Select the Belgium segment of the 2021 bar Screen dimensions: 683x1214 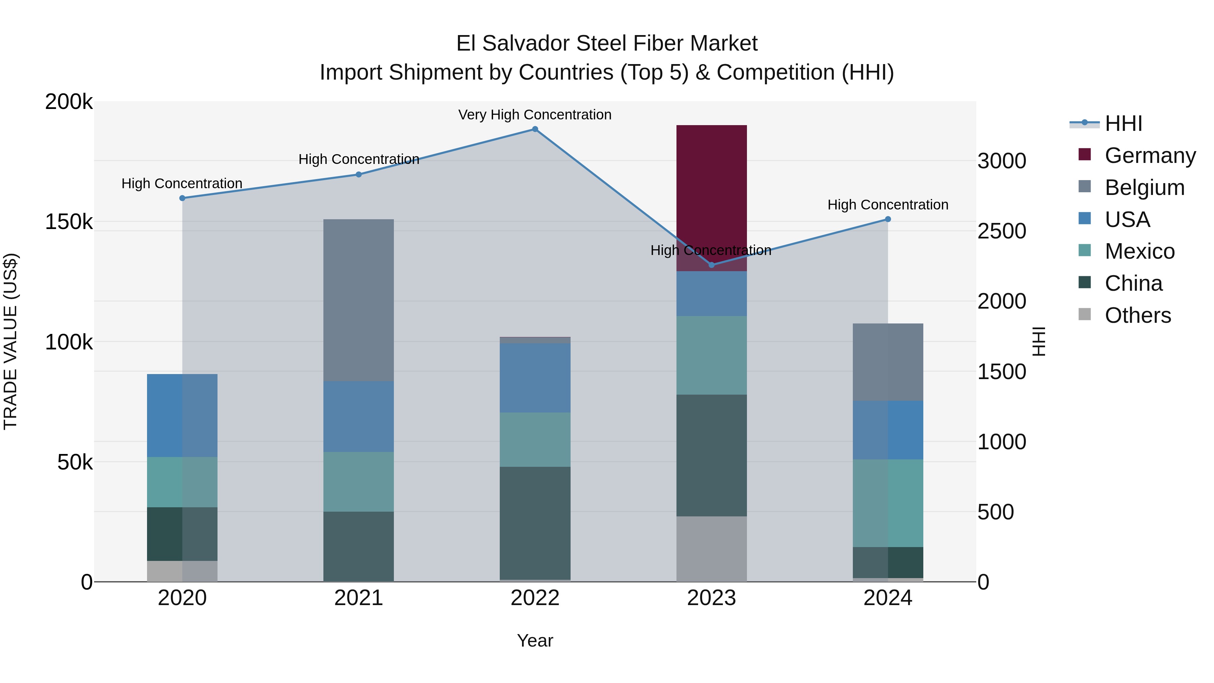tap(358, 300)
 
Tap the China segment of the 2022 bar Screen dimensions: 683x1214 tap(535, 523)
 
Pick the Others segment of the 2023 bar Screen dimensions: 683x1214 tap(711, 549)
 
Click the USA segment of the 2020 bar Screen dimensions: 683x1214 tap(182, 415)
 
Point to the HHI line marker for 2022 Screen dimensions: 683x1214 tap(535, 129)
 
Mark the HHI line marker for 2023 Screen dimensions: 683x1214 tap(712, 265)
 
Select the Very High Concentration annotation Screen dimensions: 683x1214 tap(535, 115)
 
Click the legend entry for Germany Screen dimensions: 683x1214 tap(1150, 155)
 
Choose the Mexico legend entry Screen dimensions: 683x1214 tap(1139, 251)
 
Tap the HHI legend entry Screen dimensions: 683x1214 tap(1123, 123)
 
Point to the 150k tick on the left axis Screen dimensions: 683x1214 tap(69, 222)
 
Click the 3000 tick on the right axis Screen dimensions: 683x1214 tap(1002, 161)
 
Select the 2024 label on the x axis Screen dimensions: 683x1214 tap(888, 598)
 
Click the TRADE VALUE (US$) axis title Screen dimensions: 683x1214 tap(10, 341)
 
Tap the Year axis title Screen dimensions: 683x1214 tap(535, 641)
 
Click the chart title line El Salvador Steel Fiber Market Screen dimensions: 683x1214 tap(607, 44)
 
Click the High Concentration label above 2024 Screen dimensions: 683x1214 tap(888, 205)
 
